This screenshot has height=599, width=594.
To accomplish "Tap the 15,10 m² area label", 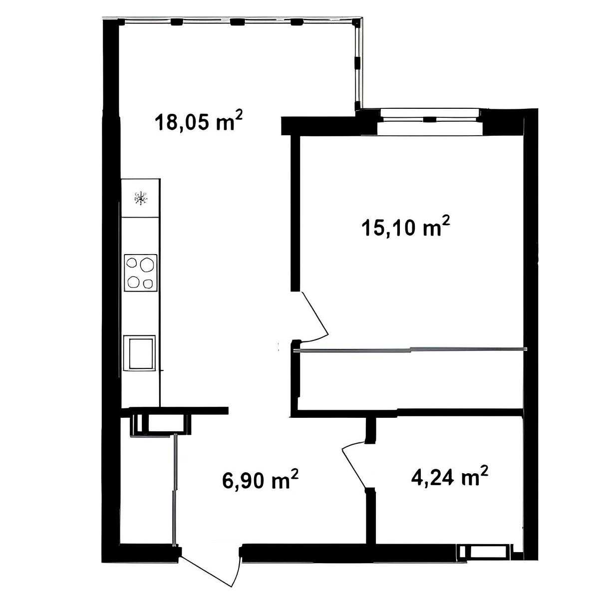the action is click(x=406, y=228).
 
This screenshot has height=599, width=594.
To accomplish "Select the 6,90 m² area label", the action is click(x=260, y=479).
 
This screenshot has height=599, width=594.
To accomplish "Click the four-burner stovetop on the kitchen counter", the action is click(x=140, y=273).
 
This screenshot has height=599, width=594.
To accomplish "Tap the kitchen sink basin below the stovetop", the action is click(x=139, y=353).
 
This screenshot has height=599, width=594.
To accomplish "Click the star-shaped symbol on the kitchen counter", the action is click(x=140, y=198).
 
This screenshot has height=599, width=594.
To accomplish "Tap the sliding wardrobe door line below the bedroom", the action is click(x=410, y=350).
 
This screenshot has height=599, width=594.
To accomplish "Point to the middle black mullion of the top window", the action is click(x=237, y=22).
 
